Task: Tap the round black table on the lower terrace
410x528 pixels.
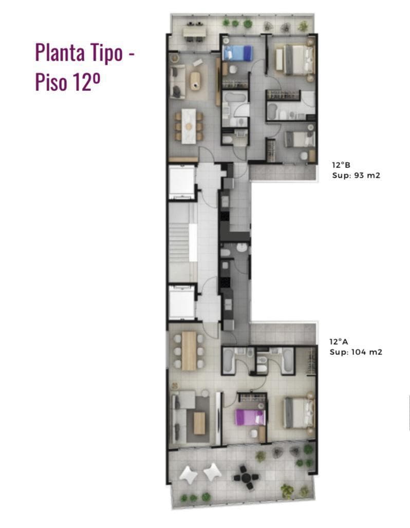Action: (x=246, y=477)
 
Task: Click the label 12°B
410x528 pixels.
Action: (x=341, y=165)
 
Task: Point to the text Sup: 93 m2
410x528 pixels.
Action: (x=356, y=176)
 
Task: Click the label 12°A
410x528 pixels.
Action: (x=339, y=342)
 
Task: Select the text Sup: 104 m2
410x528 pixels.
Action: (x=356, y=352)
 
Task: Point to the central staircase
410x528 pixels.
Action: (x=182, y=242)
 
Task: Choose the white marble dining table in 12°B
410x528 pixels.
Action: (x=189, y=126)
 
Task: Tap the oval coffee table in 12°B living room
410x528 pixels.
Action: (x=195, y=81)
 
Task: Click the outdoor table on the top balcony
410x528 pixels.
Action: (x=194, y=32)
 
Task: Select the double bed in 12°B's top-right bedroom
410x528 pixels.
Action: (x=295, y=59)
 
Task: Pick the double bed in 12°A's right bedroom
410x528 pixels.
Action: (x=299, y=413)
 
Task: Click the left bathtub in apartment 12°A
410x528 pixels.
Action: (x=229, y=361)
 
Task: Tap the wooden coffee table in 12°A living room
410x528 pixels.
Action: (x=199, y=423)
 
